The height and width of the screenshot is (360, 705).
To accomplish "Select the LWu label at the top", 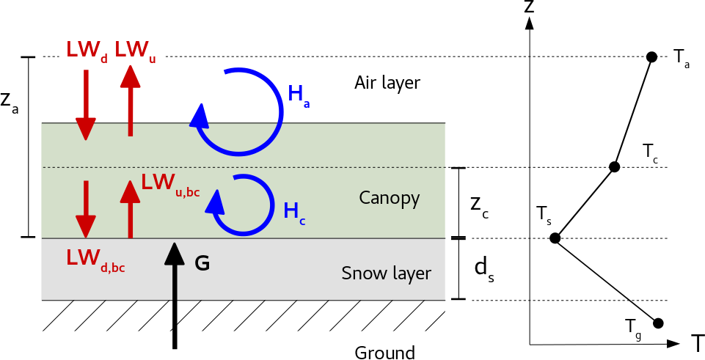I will [135, 50].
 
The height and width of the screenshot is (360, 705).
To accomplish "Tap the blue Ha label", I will [299, 95].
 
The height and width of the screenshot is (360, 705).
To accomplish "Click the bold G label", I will [202, 263].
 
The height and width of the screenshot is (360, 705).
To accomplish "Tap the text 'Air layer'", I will [387, 82].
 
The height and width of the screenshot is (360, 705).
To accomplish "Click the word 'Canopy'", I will [390, 198].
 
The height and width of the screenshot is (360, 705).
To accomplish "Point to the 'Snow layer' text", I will [387, 274].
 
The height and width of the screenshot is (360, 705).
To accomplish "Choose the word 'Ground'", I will [384, 353].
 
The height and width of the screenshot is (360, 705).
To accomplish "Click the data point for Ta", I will [651, 57].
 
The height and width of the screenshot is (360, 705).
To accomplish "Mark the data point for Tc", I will [615, 167].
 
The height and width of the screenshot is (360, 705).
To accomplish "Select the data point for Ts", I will [555, 238].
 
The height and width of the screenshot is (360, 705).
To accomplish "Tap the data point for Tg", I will [658, 323].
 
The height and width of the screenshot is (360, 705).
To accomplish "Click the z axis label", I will [528, 8].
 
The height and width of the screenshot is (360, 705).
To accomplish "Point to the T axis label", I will [696, 343].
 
